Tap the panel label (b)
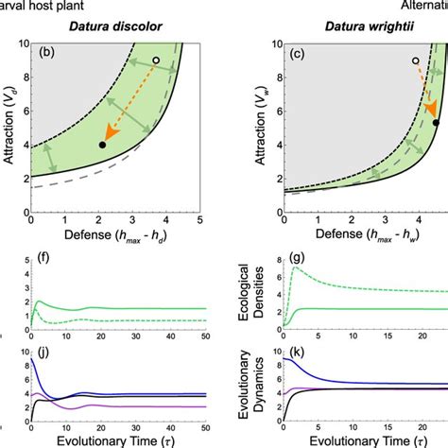click(48, 51)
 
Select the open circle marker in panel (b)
click(155, 60)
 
